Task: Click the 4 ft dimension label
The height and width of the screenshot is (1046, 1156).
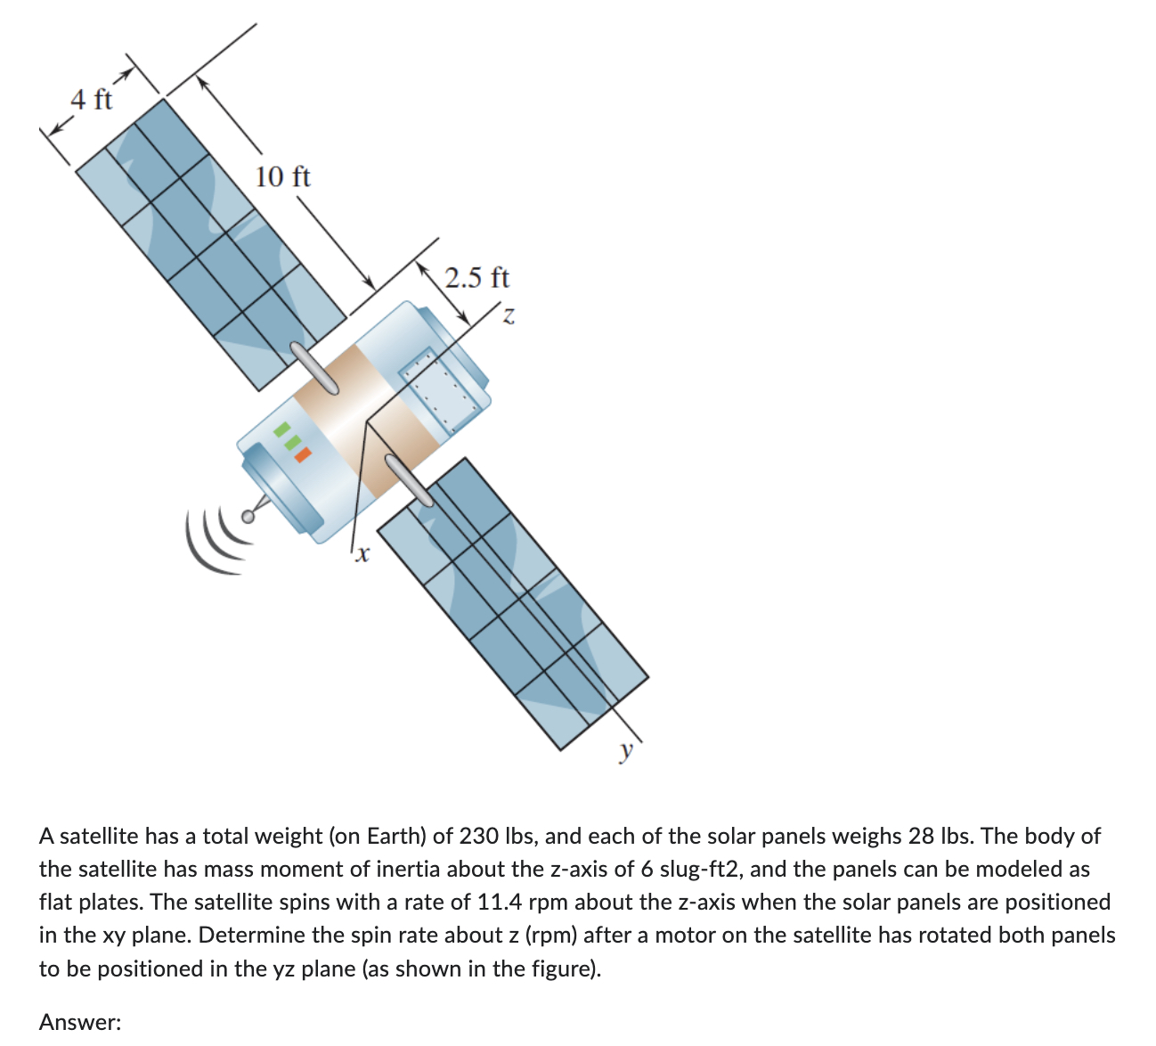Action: [x=92, y=99]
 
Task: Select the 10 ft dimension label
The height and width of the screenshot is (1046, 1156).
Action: [x=282, y=176]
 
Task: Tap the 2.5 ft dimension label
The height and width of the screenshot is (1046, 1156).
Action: [x=477, y=278]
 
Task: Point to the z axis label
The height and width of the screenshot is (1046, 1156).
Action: [x=508, y=315]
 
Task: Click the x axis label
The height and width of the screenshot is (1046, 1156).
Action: [x=361, y=556]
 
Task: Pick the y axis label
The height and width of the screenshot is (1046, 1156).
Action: [x=627, y=750]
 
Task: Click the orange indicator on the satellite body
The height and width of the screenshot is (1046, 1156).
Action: [x=303, y=454]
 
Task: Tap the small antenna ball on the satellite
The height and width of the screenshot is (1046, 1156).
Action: [x=248, y=516]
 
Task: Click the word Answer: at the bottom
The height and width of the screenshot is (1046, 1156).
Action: [x=80, y=1022]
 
